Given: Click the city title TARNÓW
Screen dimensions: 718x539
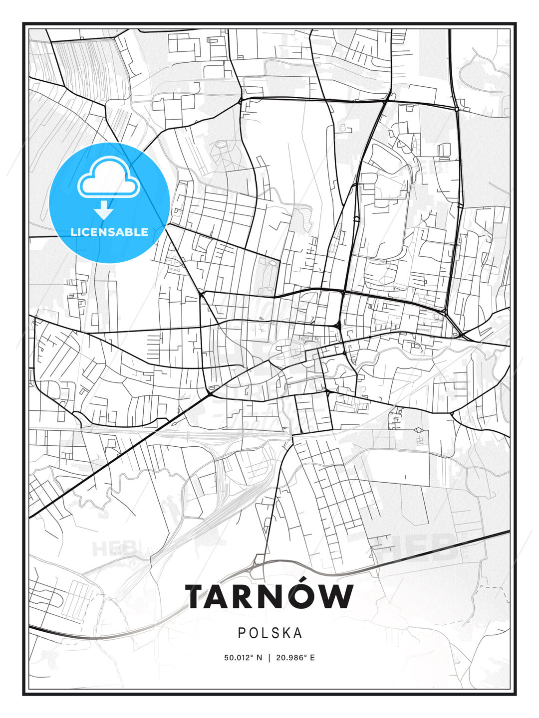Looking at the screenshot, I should click(x=269, y=597).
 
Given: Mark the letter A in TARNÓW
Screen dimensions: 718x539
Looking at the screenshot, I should click(x=222, y=597).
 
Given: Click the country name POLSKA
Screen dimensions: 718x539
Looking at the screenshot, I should click(x=269, y=633).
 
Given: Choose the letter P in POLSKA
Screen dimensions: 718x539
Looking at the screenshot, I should click(x=242, y=633).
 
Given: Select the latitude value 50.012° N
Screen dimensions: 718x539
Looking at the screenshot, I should click(x=243, y=658).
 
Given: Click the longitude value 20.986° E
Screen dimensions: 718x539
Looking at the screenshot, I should click(x=295, y=658).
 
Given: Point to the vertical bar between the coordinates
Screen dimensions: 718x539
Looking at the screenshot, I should click(x=269, y=658).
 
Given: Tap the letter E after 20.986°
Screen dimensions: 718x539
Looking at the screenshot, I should click(x=312, y=658).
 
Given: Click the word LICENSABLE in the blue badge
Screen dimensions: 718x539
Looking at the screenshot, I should click(x=109, y=232).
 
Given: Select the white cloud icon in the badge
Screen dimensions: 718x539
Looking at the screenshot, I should click(x=108, y=178).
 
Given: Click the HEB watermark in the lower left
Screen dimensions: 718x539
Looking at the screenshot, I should click(x=114, y=549).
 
